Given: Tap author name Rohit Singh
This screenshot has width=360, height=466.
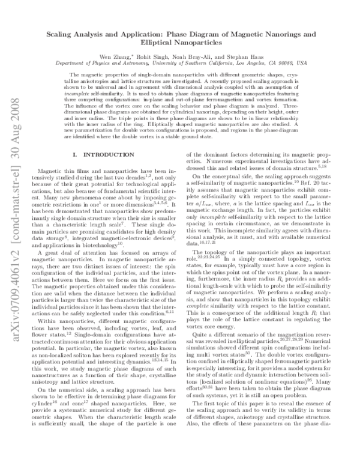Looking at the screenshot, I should pos(158,56).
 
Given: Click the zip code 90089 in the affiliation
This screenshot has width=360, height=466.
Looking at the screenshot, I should pos(286,62).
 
